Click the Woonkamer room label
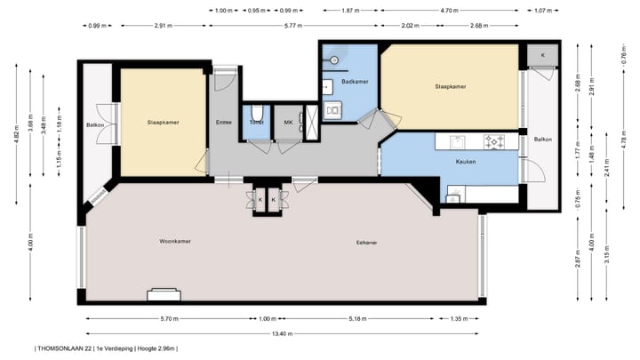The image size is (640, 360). pos(175,241)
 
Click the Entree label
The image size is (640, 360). pos(224,122)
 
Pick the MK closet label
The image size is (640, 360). pos(288,122)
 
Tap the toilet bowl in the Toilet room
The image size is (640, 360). pos(256,112)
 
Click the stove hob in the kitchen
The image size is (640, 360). pos(494,141)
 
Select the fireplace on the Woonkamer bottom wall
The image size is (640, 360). pos(165,294)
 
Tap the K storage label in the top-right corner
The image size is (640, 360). pos(541,55)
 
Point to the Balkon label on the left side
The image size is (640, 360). pos(96,125)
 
